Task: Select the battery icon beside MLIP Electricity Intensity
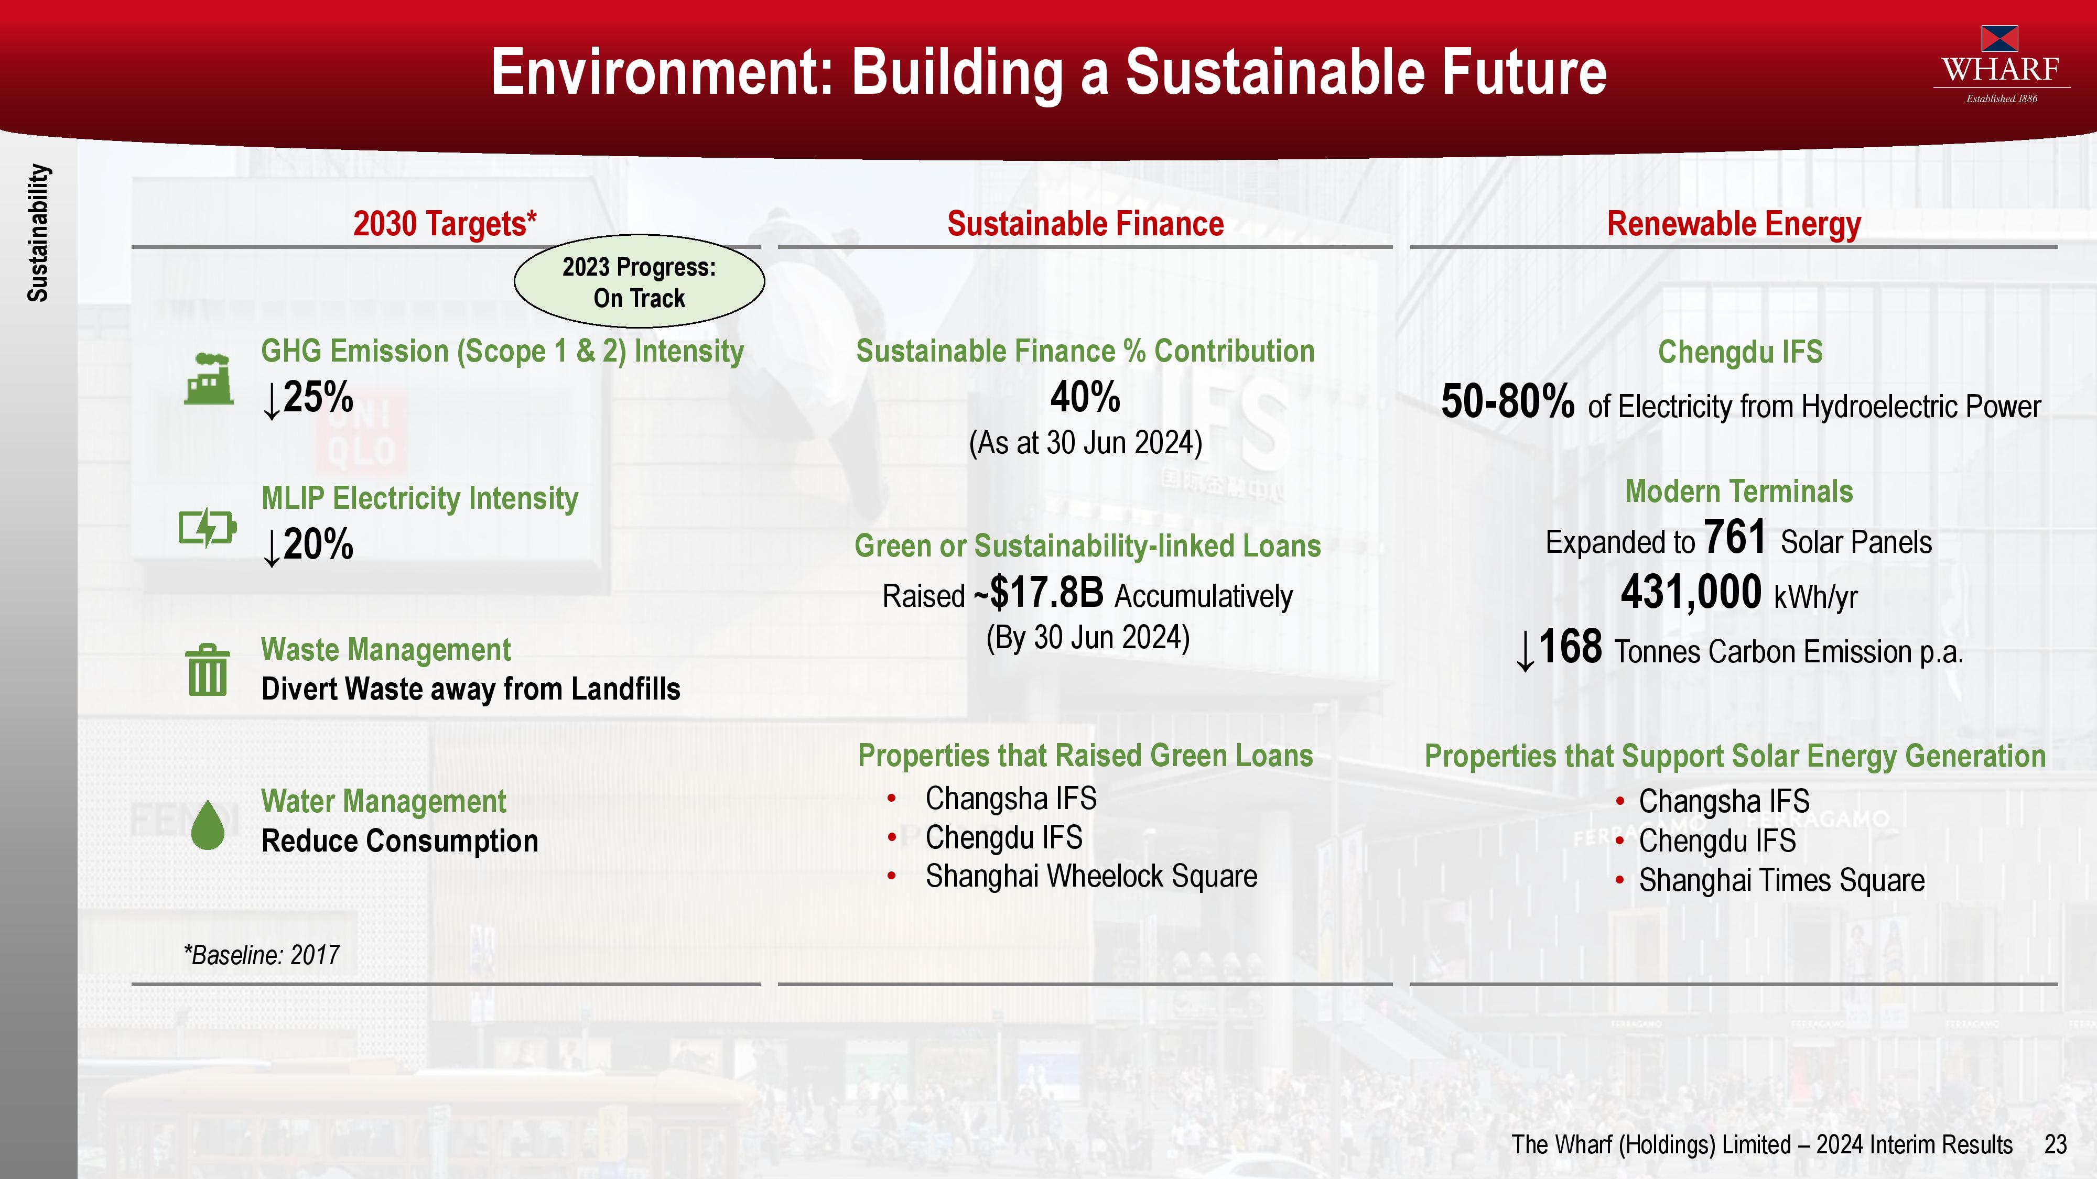click(208, 528)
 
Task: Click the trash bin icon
click(208, 671)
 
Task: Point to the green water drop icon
click(208, 824)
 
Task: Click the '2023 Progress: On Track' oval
click(639, 281)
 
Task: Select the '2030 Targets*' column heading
click(445, 224)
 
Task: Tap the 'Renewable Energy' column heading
click(1734, 224)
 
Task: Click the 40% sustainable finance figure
click(1085, 397)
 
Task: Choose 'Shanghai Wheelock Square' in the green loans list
click(1091, 876)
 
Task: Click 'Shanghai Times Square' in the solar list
click(1782, 880)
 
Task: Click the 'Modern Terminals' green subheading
click(1739, 492)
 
